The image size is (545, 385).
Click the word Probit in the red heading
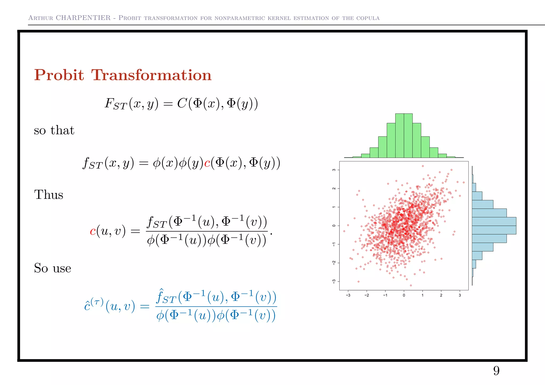(59, 75)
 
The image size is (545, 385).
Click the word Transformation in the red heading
(151, 75)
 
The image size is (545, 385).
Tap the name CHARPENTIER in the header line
(83, 18)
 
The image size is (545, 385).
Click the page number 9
(496, 371)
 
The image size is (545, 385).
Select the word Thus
(49, 195)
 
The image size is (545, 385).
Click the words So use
(52, 268)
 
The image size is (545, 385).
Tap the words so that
(54, 130)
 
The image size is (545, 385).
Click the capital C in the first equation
(182, 103)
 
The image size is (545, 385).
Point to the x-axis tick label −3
(348, 295)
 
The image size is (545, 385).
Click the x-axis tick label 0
(404, 295)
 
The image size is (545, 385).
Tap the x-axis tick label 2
(441, 295)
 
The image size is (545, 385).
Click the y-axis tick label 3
(334, 170)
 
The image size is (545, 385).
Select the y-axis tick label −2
(334, 263)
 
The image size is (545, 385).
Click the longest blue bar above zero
(494, 221)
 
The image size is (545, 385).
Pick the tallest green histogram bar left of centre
(399, 136)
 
